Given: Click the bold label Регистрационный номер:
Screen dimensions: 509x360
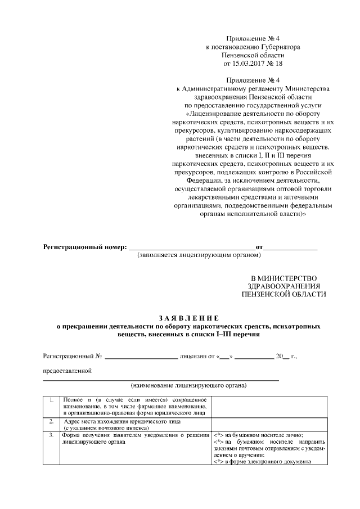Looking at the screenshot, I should click(x=85, y=247).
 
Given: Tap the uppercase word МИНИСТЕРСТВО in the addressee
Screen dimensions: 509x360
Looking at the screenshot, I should click(x=288, y=278).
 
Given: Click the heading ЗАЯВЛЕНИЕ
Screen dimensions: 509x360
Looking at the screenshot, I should click(x=180, y=317).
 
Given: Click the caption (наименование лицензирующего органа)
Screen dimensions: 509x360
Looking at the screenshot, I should click(x=188, y=386).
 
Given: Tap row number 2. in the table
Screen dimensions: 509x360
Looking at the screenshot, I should click(x=51, y=420).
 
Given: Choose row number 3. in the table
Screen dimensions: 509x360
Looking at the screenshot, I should click(x=51, y=435).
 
